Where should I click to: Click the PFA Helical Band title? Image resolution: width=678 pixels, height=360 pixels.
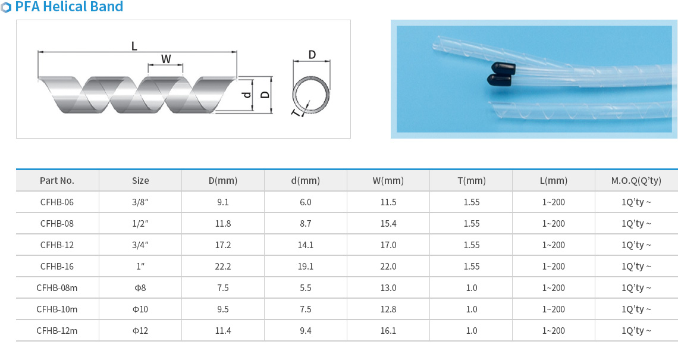pos(69,7)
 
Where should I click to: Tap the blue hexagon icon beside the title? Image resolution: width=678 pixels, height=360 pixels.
pos(6,7)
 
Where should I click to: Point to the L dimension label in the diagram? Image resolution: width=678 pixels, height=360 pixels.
pos(134,46)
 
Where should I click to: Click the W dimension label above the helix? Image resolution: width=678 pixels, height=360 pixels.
pos(166,59)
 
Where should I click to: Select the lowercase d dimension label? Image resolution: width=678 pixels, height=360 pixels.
pos(246,95)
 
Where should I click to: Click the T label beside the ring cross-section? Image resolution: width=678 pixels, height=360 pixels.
pos(296,113)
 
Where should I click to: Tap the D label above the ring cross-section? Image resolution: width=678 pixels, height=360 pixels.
pos(312,55)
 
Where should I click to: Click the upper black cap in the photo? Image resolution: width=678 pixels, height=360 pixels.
pos(504,68)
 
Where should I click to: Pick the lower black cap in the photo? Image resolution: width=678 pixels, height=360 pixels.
pos(500,80)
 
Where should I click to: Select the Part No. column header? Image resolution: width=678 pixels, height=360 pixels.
pos(57,180)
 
